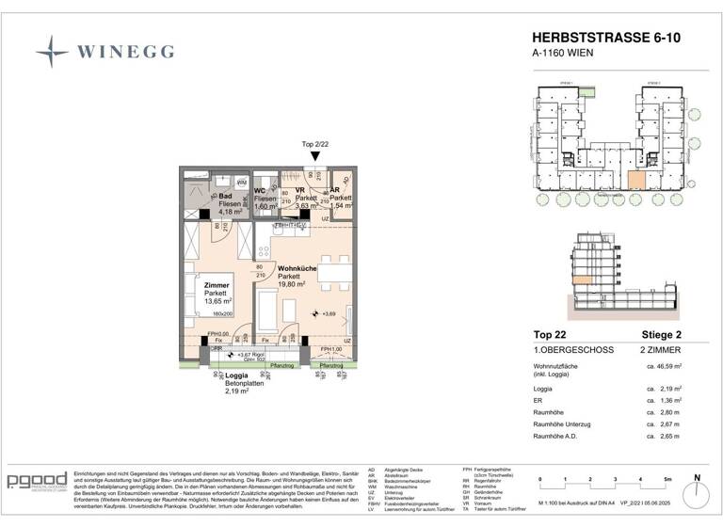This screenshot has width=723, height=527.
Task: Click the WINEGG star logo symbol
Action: [x=52, y=50]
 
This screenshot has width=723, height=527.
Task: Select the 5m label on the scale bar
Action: [x=667, y=480]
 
